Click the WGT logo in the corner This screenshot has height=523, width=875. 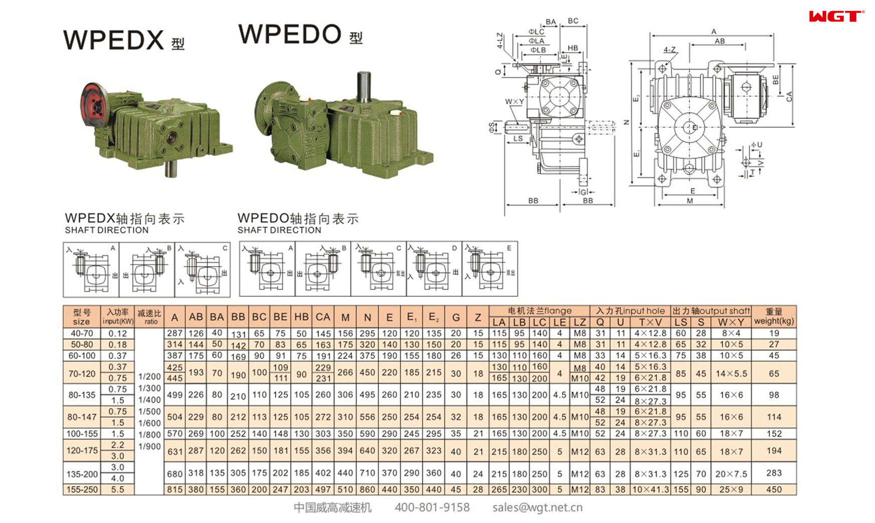pos(836,17)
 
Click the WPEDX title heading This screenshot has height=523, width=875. pos(114,40)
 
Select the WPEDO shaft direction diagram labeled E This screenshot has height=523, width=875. pos(490,269)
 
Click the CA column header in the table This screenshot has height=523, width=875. pos(322,317)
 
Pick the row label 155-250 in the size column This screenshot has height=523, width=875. pos(82,489)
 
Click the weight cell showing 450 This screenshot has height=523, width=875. pos(773,489)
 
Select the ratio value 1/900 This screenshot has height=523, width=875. pos(149,446)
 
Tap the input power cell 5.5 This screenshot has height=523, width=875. pos(117,489)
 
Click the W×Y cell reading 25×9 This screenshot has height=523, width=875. pos(731,489)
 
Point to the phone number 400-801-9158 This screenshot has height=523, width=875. pos(432,507)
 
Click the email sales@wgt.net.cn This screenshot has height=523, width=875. pos(537,507)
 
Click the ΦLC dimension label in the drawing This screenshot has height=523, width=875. pos(536,32)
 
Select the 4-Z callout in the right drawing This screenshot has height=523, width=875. pos(669,50)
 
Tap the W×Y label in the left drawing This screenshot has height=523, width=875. pos(514,102)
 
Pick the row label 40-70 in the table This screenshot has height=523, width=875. pos(82,333)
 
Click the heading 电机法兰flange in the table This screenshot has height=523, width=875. pos(539,311)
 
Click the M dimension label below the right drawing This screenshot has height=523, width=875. pos(689,201)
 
